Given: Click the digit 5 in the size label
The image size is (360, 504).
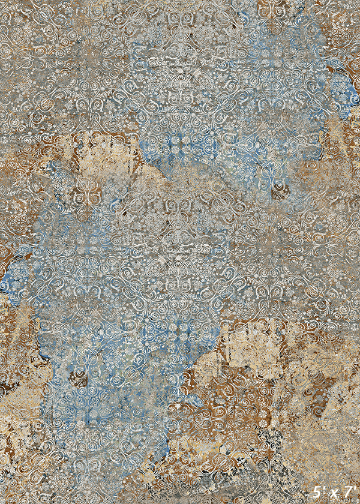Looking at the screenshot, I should pyautogui.click(x=317, y=492).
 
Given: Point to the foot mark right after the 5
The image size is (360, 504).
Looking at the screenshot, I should pyautogui.click(x=324, y=488).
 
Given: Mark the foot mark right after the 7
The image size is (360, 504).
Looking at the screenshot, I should pyautogui.click(x=355, y=488).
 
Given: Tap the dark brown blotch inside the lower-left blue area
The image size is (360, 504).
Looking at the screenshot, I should pyautogui.click(x=78, y=378).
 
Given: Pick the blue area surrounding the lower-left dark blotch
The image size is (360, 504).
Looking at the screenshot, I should pyautogui.click(x=102, y=360).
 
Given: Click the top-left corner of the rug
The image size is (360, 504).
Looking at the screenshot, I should pyautogui.click(x=1, y=1).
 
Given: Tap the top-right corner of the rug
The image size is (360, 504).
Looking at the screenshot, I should pyautogui.click(x=358, y=1).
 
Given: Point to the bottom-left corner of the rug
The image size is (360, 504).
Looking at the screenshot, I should pyautogui.click(x=1, y=502).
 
